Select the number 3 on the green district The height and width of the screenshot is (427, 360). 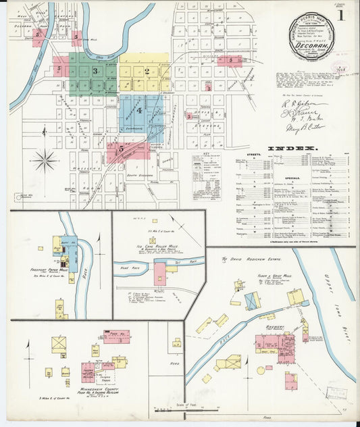(95, 71)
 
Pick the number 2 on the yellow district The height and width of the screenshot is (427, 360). (147, 71)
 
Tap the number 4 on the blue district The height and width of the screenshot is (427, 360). (140, 110)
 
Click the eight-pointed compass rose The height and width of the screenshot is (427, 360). (45, 161)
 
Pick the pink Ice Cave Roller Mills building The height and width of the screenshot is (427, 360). (160, 274)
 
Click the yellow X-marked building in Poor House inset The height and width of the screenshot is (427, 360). (59, 344)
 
